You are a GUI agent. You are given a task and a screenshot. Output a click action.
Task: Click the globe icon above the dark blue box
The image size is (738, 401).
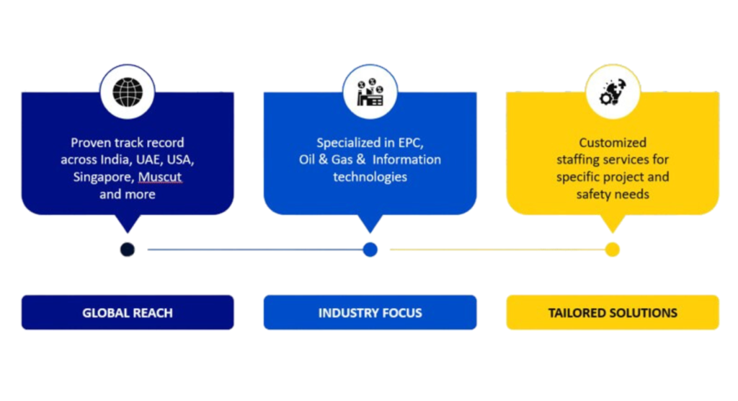[128, 92]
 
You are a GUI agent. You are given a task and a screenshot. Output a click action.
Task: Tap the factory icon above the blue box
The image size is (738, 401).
[370, 92]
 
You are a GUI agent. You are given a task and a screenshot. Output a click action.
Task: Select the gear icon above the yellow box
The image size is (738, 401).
[613, 92]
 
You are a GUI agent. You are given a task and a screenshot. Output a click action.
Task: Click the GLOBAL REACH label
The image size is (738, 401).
[128, 313]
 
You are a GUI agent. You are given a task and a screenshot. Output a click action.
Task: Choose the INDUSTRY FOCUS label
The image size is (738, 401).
[370, 313]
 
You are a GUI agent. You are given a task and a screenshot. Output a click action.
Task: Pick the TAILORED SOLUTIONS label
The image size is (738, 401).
[613, 313]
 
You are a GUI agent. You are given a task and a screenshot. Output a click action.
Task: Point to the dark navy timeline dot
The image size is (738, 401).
[128, 250]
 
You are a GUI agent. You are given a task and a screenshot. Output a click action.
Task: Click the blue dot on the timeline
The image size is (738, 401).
[370, 250]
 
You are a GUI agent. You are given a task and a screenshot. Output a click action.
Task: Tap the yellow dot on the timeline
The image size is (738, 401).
[613, 250]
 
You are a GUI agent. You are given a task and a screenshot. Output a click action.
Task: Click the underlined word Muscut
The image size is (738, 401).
[160, 177]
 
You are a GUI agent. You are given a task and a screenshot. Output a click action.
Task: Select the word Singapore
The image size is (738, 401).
[104, 177]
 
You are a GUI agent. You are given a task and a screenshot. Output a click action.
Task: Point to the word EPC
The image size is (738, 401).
[410, 143]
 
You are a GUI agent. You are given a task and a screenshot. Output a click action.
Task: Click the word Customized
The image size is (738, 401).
[613, 143]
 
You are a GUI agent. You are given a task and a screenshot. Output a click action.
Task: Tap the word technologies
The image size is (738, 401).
[370, 177]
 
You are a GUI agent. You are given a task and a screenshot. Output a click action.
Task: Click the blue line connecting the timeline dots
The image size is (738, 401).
[255, 250]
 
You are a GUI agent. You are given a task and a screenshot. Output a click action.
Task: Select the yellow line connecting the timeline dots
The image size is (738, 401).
[497, 250]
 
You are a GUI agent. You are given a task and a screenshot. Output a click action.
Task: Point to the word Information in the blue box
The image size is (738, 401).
[406, 159]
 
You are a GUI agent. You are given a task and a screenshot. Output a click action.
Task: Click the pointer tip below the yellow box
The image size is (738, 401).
[613, 232]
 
